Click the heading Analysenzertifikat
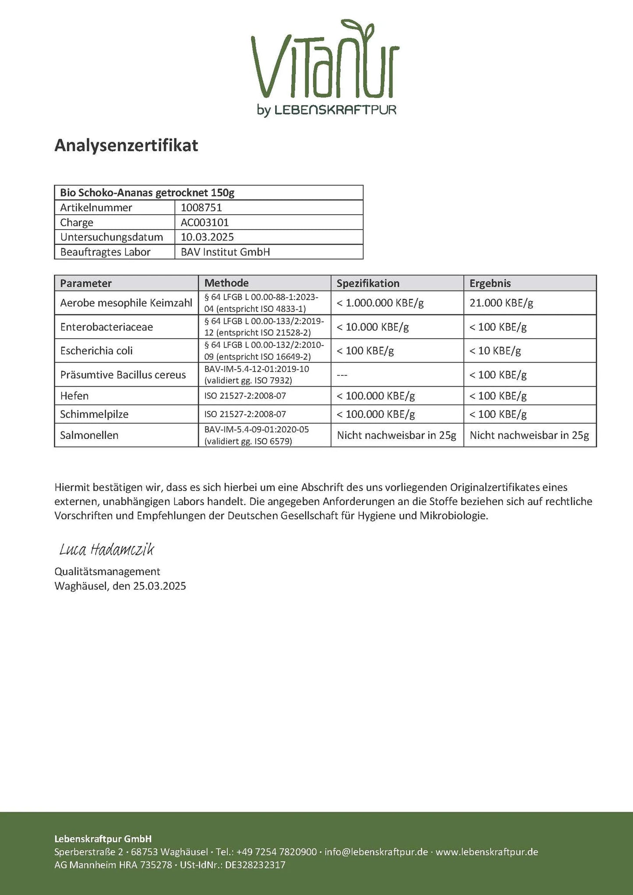[126, 145]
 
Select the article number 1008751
[201, 208]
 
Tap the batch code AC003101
[205, 223]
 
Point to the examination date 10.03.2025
[207, 237]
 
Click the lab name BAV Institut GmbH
[225, 252]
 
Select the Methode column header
[226, 283]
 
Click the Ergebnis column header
[490, 283]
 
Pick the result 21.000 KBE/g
[501, 303]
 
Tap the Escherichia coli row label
[96, 350]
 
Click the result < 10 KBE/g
[495, 350]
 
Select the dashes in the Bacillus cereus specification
[342, 375]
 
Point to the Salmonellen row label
[89, 435]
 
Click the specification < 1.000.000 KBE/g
[380, 303]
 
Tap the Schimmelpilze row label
[94, 414]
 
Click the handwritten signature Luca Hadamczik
[106, 549]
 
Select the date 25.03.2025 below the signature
[159, 586]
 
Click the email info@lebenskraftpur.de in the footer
[376, 852]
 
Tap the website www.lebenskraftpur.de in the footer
[487, 852]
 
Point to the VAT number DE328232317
[255, 865]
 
